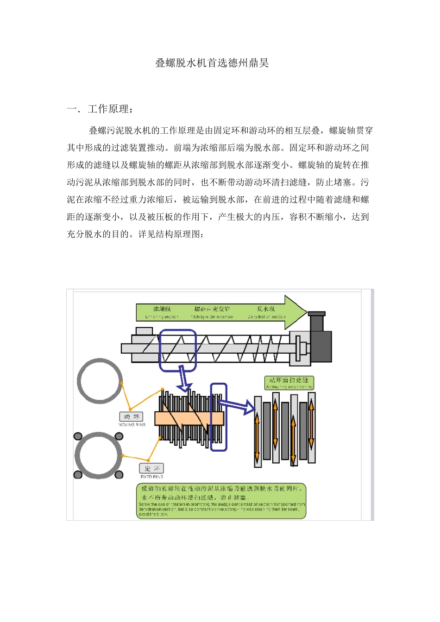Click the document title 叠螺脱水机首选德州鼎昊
coord(212,63)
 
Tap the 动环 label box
coord(131,417)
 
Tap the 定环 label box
coord(151,468)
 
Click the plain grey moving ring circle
coord(100,381)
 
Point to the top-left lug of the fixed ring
coord(78,436)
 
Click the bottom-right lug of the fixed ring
coord(119,474)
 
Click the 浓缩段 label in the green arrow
coord(162,309)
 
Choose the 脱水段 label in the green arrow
coord(266,309)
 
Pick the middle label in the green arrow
coord(212,309)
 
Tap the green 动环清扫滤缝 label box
coord(289,382)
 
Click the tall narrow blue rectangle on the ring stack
coord(219,417)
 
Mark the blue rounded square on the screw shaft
coord(178,350)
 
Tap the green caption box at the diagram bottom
coord(221,501)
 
